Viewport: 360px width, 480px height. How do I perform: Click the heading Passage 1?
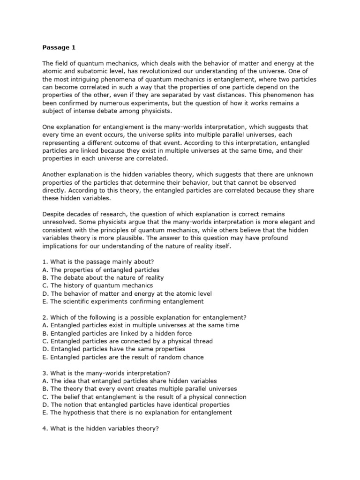[59, 47]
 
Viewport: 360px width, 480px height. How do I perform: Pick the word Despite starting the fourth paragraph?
[55, 214]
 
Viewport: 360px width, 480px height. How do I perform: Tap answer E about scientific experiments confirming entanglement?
[123, 301]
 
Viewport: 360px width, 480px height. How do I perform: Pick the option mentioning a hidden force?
[116, 333]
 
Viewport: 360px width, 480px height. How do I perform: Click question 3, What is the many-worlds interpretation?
[103, 373]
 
